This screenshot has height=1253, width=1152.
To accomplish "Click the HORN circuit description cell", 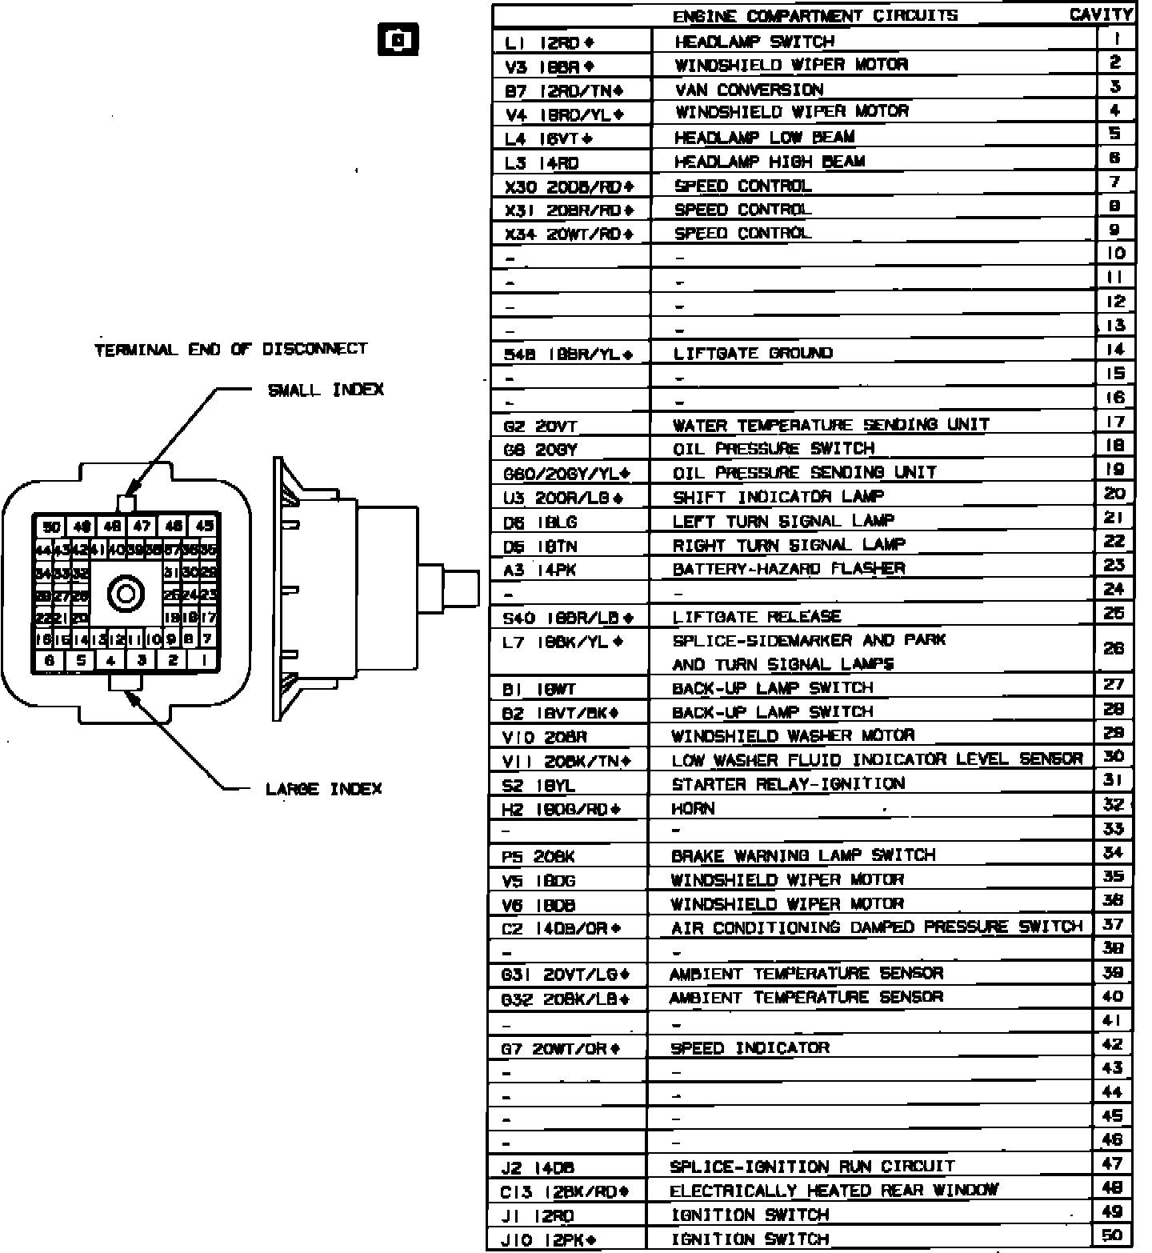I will coord(693,808).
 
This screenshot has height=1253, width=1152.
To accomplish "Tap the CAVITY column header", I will coord(1101,14).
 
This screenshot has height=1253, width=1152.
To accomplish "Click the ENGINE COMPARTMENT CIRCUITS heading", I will coord(814,15).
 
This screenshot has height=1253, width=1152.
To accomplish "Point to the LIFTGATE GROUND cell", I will coord(753,353).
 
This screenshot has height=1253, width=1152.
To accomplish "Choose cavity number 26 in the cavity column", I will coord(1114,649).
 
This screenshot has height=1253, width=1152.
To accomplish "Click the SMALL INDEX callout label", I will coord(326,390).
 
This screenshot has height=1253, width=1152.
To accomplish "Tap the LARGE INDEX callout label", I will coord(324,789).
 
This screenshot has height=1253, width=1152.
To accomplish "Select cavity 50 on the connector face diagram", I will coord(52,526).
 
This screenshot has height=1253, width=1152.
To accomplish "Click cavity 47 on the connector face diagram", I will coord(142,526).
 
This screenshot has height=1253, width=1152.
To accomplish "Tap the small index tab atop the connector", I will coord(126,503).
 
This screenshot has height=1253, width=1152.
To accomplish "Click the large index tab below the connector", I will coord(126,681).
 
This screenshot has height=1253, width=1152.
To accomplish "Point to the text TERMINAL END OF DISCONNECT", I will coord(230,350).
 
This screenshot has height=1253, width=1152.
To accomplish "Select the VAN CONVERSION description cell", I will coord(748,90).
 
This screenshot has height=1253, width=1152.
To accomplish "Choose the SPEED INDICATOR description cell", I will coord(750,1047).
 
